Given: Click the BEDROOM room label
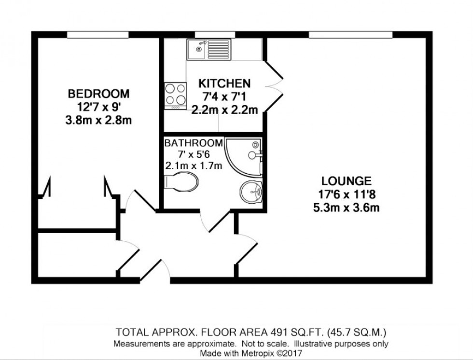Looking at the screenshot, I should pos(98,93).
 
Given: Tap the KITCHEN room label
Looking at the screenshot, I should pos(225,83).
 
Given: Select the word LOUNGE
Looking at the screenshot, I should pos(347,181).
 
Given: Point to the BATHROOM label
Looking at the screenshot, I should pos(194,143).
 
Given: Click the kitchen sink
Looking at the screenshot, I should pos(210,48).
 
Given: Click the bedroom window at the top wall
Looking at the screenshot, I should pos(98,34).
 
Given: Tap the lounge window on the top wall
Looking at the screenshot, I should pos(350,34).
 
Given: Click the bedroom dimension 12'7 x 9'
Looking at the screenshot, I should pos(98,107).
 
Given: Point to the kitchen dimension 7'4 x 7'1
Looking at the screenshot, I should pos(225,97).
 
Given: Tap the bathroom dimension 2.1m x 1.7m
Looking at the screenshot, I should pos(194,166).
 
